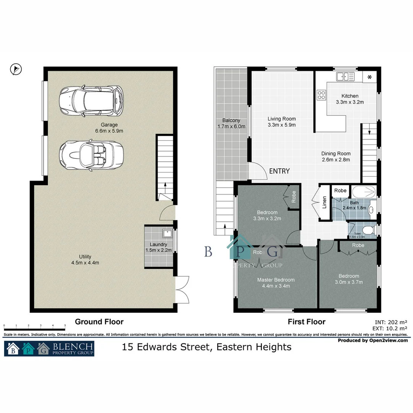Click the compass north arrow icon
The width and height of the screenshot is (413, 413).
[x=16, y=69]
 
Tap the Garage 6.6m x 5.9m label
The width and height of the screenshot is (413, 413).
[x=109, y=128]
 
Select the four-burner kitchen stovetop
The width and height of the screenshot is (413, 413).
[x=321, y=94]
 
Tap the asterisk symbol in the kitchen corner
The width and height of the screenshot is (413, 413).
[x=369, y=78]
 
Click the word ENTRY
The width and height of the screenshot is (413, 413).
[x=279, y=171]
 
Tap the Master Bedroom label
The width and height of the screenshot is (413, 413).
[x=276, y=283]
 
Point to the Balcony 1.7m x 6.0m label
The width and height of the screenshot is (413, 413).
[x=231, y=124]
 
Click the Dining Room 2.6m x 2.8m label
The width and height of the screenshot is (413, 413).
[x=335, y=157]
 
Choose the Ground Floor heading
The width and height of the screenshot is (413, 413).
[x=99, y=322]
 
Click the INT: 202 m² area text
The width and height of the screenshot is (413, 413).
[x=392, y=322]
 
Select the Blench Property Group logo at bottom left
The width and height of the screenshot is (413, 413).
[x=49, y=348]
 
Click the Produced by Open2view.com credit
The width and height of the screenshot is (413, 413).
[x=373, y=340]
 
